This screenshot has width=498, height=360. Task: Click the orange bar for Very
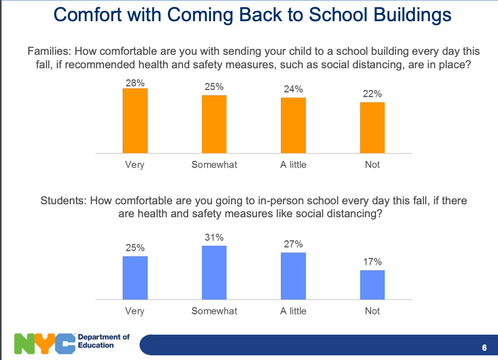point(135,121)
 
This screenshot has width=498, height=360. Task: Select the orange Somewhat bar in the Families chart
point(214,124)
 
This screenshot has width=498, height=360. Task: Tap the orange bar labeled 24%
point(293,125)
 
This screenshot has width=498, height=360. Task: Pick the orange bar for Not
point(372,127)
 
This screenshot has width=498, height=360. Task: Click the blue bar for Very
point(135,278)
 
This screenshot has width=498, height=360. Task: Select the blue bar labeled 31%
point(214,273)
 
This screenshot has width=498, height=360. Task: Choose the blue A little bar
point(293,276)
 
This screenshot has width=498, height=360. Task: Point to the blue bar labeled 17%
point(372,284)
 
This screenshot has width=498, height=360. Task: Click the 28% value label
point(134,82)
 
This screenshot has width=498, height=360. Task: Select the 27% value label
point(293,244)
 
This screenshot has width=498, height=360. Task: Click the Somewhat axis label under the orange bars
point(214,164)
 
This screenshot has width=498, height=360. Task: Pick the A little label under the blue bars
point(293,311)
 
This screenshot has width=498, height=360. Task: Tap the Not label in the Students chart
point(372,311)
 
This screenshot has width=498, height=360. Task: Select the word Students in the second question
point(63,201)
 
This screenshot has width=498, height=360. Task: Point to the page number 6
point(484,348)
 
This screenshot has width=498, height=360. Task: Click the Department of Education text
point(103,341)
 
